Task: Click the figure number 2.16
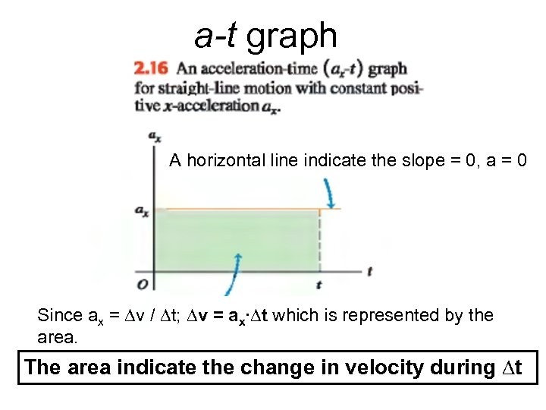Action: point(149,69)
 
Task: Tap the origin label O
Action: point(142,284)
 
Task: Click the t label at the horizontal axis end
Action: point(369,271)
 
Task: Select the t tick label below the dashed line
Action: point(318,285)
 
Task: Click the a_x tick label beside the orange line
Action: point(142,211)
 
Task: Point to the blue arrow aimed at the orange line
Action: point(330,193)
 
